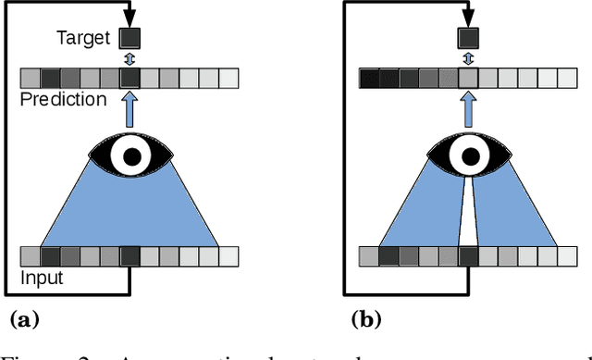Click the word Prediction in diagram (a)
click(x=63, y=99)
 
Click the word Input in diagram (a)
click(x=42, y=277)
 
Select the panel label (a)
click(x=24, y=320)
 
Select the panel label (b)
click(x=365, y=320)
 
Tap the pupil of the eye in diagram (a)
click(x=132, y=155)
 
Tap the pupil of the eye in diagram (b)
click(x=469, y=155)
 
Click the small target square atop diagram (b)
click(x=468, y=38)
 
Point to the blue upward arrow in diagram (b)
click(x=469, y=109)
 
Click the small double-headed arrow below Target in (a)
click(x=130, y=57)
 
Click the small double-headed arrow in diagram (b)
click(x=468, y=57)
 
